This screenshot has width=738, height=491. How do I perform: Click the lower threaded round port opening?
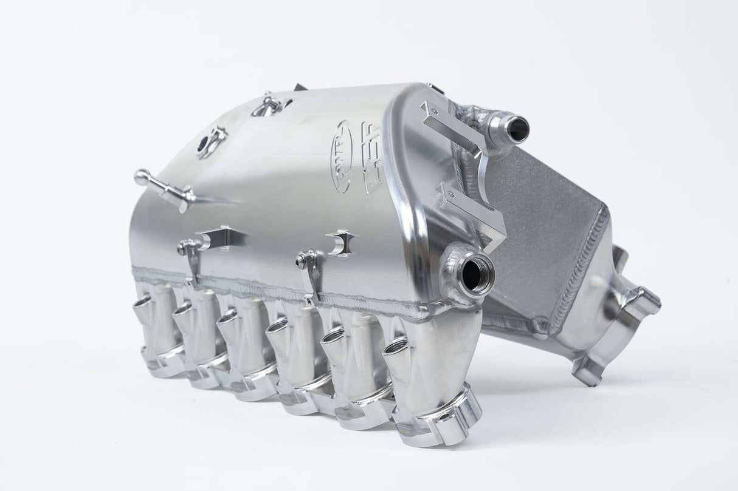478,275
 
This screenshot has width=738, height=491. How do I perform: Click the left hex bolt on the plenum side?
182,247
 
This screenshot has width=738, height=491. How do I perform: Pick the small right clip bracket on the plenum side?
339,242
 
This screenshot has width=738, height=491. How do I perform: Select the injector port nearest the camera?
398,347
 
